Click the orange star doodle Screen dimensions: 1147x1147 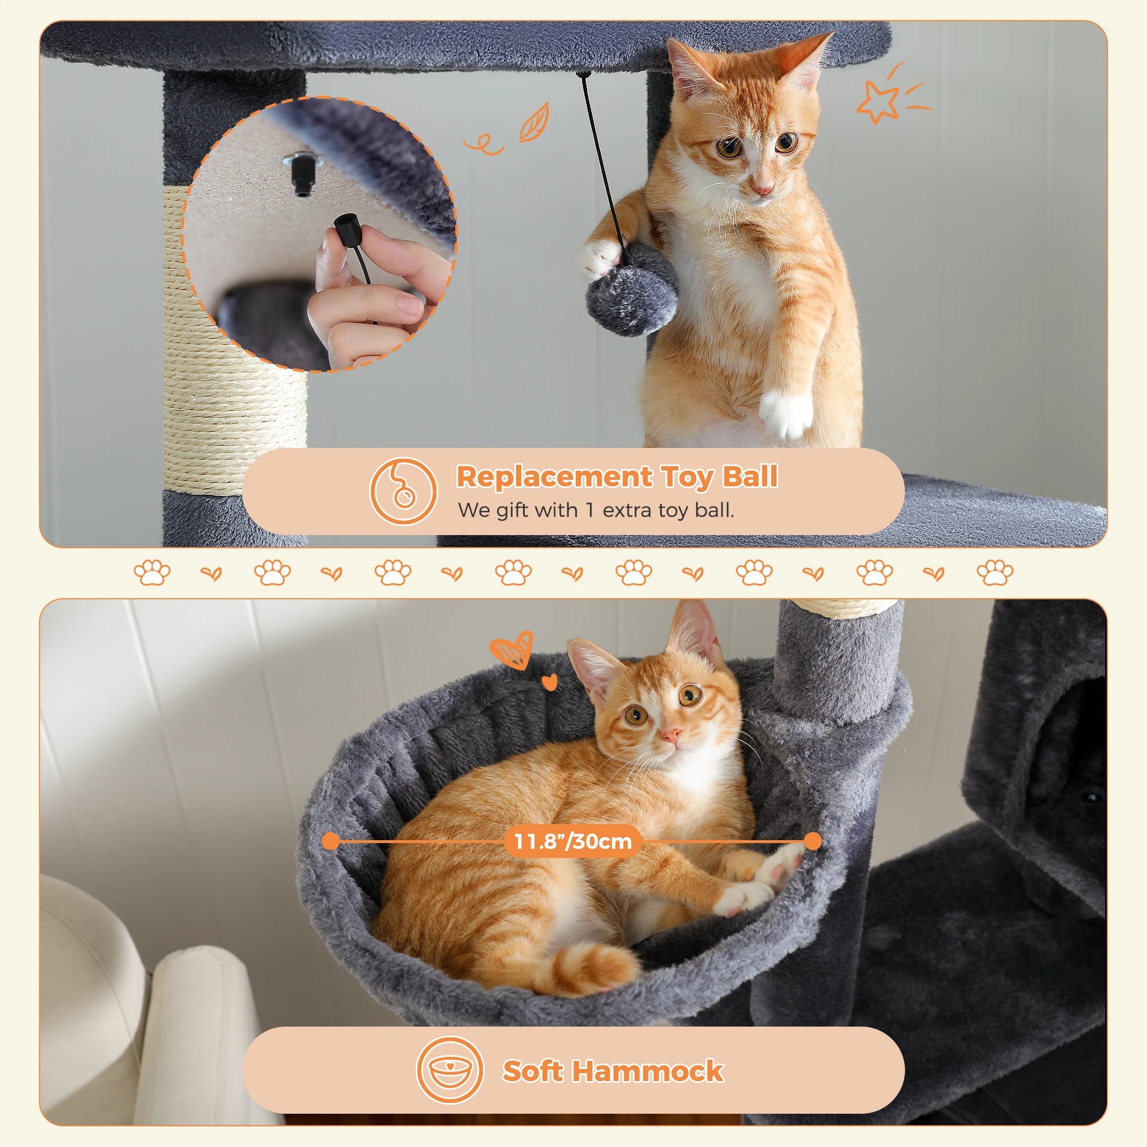(877, 102)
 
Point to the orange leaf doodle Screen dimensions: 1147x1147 (534, 123)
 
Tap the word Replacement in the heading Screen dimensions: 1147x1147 (554, 477)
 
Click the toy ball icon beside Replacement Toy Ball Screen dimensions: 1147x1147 (403, 491)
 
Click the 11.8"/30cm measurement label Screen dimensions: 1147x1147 (573, 841)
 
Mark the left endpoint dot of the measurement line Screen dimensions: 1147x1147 (331, 841)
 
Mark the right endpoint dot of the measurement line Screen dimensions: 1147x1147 (813, 841)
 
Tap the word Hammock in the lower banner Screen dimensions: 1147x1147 (647, 1071)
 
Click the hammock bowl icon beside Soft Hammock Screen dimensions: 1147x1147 (450, 1070)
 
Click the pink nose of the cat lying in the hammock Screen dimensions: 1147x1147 (671, 736)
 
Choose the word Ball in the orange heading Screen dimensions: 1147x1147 (750, 477)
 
